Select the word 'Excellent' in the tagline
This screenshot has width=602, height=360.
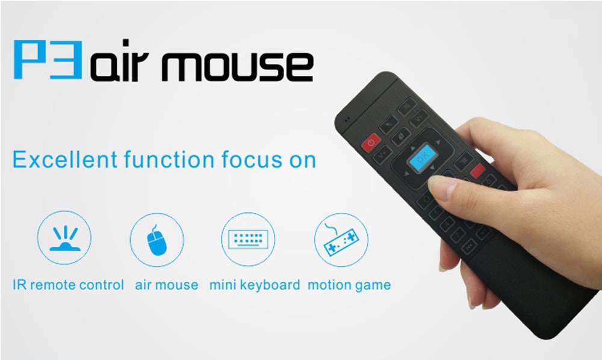click(62, 161)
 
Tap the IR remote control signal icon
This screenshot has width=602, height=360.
click(64, 239)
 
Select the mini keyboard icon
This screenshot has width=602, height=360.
click(248, 240)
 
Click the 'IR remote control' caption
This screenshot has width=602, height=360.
click(68, 285)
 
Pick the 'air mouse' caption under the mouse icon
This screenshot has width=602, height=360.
click(167, 285)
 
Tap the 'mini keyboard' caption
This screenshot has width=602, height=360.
click(255, 285)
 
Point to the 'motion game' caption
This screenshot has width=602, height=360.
click(349, 285)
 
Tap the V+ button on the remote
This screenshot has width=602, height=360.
click(420, 121)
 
